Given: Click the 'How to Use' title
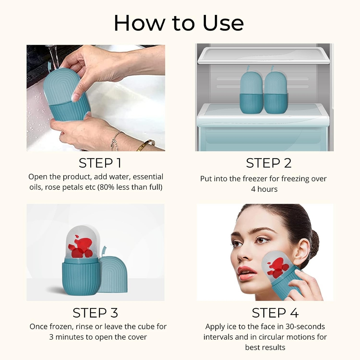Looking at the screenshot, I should click(x=179, y=23).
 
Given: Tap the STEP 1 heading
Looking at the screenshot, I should click(x=100, y=163).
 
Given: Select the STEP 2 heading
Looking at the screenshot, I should click(x=269, y=163).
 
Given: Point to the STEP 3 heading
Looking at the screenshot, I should click(x=95, y=313).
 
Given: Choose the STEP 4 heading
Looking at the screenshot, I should click(x=275, y=313).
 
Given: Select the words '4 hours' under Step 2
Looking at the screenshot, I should click(x=264, y=189).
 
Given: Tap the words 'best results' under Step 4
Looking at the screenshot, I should click(x=265, y=347).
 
